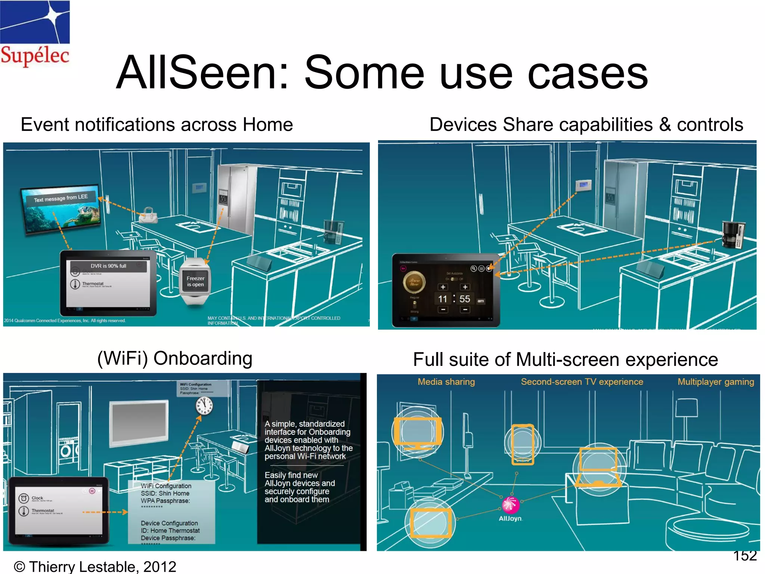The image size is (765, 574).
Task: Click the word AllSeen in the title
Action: tap(202, 73)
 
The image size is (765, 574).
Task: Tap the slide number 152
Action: tap(744, 556)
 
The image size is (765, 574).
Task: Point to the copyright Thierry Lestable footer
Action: tap(95, 566)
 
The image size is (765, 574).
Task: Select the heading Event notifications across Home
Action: tap(157, 124)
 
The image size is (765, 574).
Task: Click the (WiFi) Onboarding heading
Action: tap(175, 358)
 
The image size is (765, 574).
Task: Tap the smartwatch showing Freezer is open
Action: tap(195, 281)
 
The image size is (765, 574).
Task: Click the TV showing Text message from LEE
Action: tap(62, 209)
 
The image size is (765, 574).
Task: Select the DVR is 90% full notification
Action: tap(108, 266)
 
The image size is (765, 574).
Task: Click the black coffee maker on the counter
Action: tap(733, 234)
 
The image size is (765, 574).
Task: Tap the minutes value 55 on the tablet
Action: tap(465, 299)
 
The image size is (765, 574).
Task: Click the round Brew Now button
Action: tap(414, 283)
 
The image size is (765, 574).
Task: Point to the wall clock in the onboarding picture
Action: tap(204, 406)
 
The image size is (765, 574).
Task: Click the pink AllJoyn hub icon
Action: tap(510, 505)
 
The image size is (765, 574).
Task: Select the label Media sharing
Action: tap(446, 382)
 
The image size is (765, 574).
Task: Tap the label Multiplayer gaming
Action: tap(716, 382)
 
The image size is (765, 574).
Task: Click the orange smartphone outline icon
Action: tap(523, 444)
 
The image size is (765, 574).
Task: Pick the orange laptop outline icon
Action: tap(598, 467)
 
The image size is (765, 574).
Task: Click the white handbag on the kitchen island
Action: tap(148, 215)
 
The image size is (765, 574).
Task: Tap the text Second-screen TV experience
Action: tap(582, 382)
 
